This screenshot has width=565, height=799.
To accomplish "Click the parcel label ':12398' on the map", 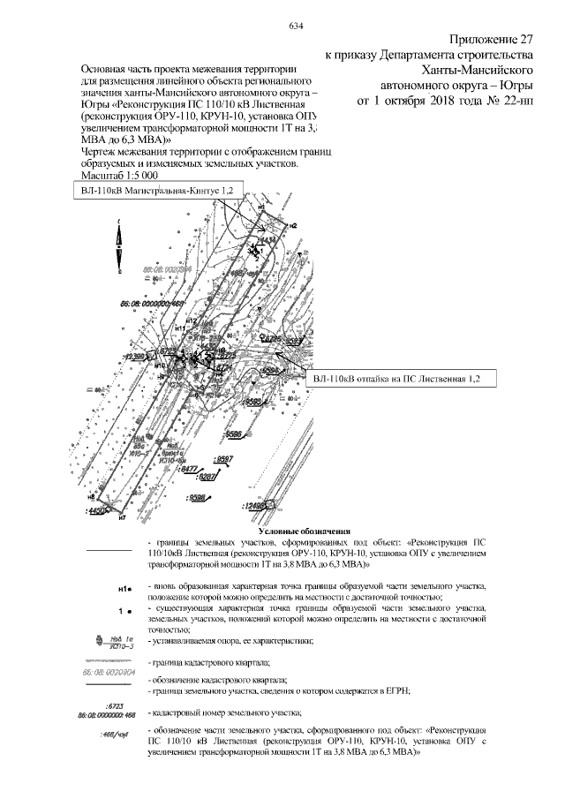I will click(x=133, y=357).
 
